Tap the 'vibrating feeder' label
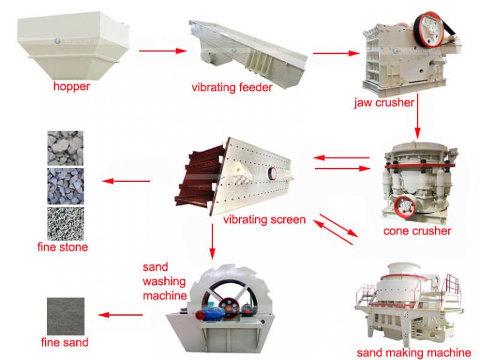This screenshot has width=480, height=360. [232, 87]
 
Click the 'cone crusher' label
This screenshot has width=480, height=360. [417, 231]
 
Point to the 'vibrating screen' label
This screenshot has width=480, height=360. [264, 219]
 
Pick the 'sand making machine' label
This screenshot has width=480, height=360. [414, 352]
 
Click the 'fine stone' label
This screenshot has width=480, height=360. [62, 247]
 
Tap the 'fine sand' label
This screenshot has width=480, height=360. [64, 342]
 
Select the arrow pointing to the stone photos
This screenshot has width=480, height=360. [126, 181]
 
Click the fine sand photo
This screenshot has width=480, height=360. [65, 316]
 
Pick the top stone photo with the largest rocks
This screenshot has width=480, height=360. [65, 147]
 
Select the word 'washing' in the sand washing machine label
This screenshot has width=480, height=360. [164, 281]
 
